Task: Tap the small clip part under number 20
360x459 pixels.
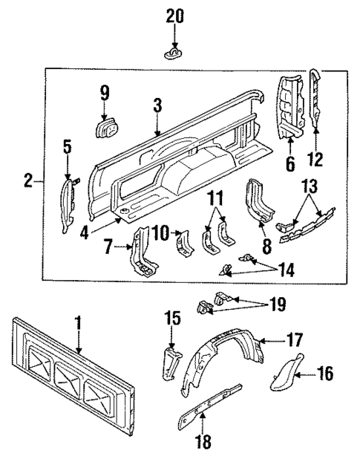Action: click(x=173, y=54)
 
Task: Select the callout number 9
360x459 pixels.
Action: click(x=105, y=93)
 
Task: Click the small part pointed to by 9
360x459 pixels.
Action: click(x=105, y=128)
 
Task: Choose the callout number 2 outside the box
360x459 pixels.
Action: click(x=27, y=180)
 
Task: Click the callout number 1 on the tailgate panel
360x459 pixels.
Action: click(x=78, y=324)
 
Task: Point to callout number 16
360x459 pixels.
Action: click(x=326, y=372)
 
